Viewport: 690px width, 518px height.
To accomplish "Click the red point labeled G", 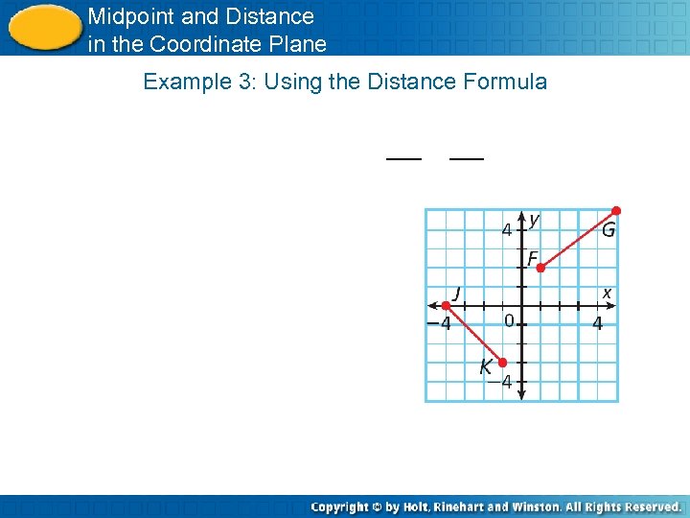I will tap(616, 210).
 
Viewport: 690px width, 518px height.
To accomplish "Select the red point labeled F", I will tap(540, 269).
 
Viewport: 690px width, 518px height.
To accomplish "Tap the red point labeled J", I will tap(445, 306).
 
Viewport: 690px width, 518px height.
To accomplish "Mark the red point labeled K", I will tap(502, 363).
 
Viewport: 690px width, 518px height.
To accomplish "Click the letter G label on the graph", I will tap(609, 230).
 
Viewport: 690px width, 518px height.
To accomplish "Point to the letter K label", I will tap(486, 366).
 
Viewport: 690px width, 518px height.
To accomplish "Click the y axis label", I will tap(534, 221).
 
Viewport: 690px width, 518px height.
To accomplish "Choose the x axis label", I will tap(607, 292).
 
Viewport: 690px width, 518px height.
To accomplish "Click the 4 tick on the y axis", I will tap(507, 229).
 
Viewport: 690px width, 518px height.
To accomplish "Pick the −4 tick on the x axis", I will tap(439, 324).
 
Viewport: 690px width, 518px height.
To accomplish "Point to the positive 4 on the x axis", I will tap(597, 324).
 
